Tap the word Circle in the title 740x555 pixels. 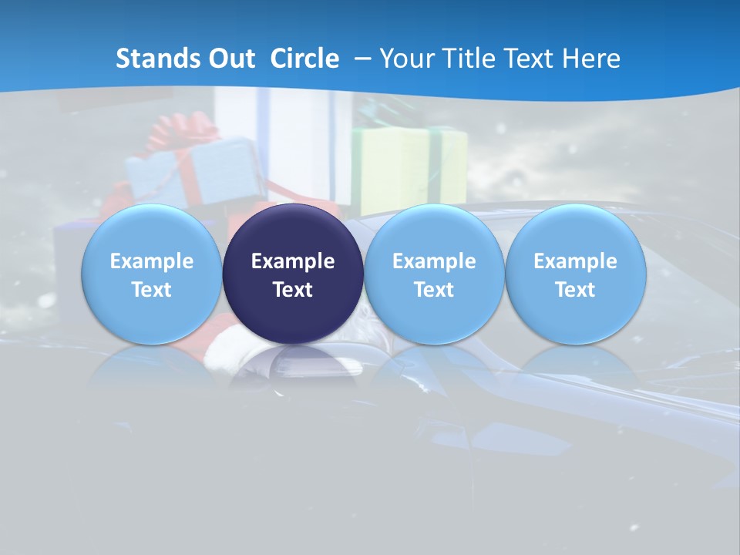(304, 59)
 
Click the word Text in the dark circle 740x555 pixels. (293, 290)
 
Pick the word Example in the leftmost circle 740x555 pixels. (151, 261)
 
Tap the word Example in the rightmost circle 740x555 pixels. (575, 261)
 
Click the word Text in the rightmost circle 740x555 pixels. (575, 290)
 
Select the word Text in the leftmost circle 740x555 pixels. (151, 290)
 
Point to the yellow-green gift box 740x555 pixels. (409, 166)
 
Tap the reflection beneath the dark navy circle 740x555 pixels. (293, 366)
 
